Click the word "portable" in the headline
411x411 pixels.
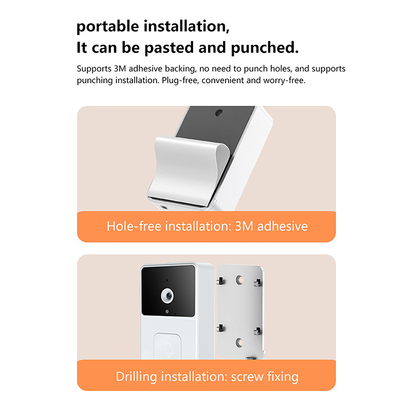coord(108,27)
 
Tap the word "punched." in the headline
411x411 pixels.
coord(265,48)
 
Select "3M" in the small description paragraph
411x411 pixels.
coord(120,69)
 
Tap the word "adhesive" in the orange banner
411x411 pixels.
coord(282,226)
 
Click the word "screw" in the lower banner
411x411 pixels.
coord(247,377)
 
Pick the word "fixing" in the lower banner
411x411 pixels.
coord(283,377)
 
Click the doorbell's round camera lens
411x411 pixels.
coord(167,296)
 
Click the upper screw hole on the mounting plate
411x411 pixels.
coord(239,279)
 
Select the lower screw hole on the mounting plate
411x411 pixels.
coord(239,342)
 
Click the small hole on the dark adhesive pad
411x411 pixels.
coord(218,113)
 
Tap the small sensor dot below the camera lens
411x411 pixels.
coord(167,311)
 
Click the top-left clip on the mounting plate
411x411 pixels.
coord(221,281)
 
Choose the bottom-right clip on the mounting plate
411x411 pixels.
coord(258,331)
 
